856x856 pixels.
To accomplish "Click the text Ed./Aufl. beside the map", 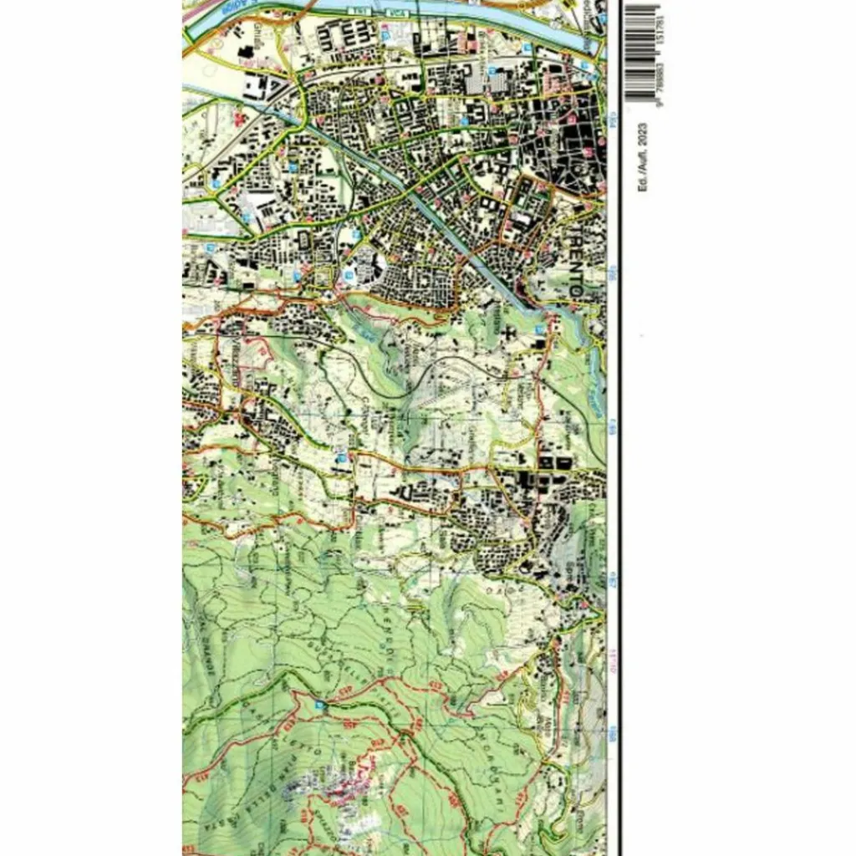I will pos(642,171).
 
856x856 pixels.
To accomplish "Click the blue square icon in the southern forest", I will pos(320,705).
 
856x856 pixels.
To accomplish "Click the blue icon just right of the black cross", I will pos(539,330).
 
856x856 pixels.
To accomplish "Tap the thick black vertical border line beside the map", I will pos(619,418).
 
